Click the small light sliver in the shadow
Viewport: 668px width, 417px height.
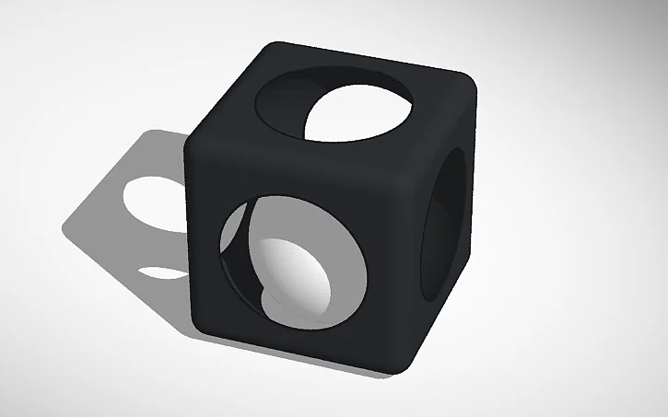click(x=161, y=272)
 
